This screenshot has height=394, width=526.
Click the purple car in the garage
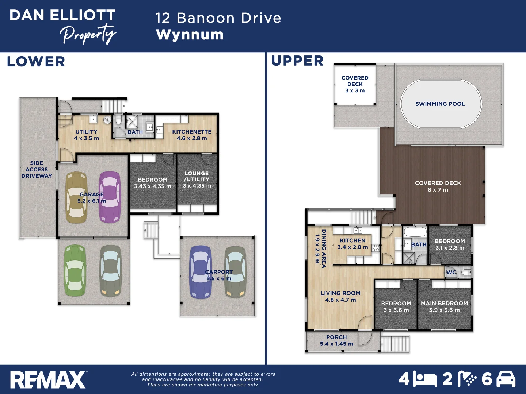pos(110,197)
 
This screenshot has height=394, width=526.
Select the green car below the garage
pos(75,270)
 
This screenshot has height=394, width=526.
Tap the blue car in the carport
pos(201,272)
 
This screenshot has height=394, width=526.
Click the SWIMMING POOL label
pos(440,104)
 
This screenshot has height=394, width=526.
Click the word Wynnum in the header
pos(190,35)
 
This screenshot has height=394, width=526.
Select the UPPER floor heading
pos(297,61)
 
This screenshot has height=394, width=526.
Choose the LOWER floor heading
pos(36,62)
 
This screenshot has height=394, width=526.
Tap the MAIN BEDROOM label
pos(444,304)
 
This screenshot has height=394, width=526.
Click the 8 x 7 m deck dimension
pos(438,190)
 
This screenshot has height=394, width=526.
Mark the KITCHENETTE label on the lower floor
pos(192,132)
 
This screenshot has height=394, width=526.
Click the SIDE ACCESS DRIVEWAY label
pos(37,170)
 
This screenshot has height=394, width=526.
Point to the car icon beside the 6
pos(506,379)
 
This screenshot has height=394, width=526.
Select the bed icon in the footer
pos(425,380)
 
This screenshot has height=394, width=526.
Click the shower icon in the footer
pos(468,379)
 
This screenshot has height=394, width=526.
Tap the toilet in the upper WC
pos(466,272)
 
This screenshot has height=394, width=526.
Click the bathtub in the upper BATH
pos(415,232)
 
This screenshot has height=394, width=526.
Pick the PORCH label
pos(336,337)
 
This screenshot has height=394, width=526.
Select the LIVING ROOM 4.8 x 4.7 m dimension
pos(340,300)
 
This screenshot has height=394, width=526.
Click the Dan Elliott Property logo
pos(62,26)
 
